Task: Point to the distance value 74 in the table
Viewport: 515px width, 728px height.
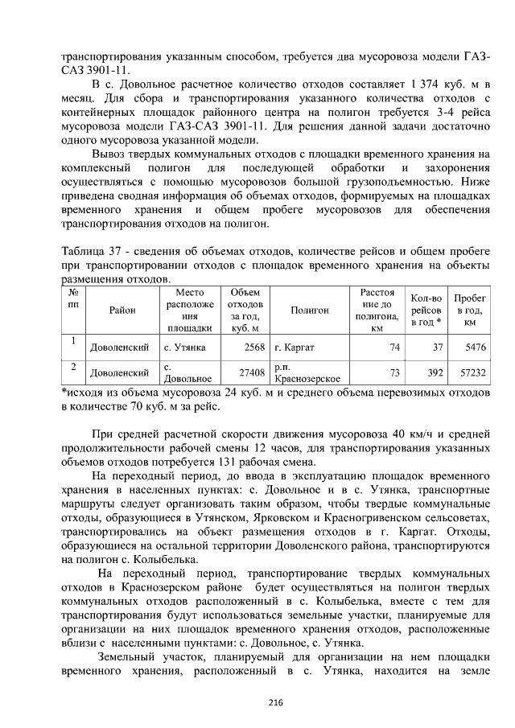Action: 394,348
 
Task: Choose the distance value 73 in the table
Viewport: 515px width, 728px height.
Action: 394,373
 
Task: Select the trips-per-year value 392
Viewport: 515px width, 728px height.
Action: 435,373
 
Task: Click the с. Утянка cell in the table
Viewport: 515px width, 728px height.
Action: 184,348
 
